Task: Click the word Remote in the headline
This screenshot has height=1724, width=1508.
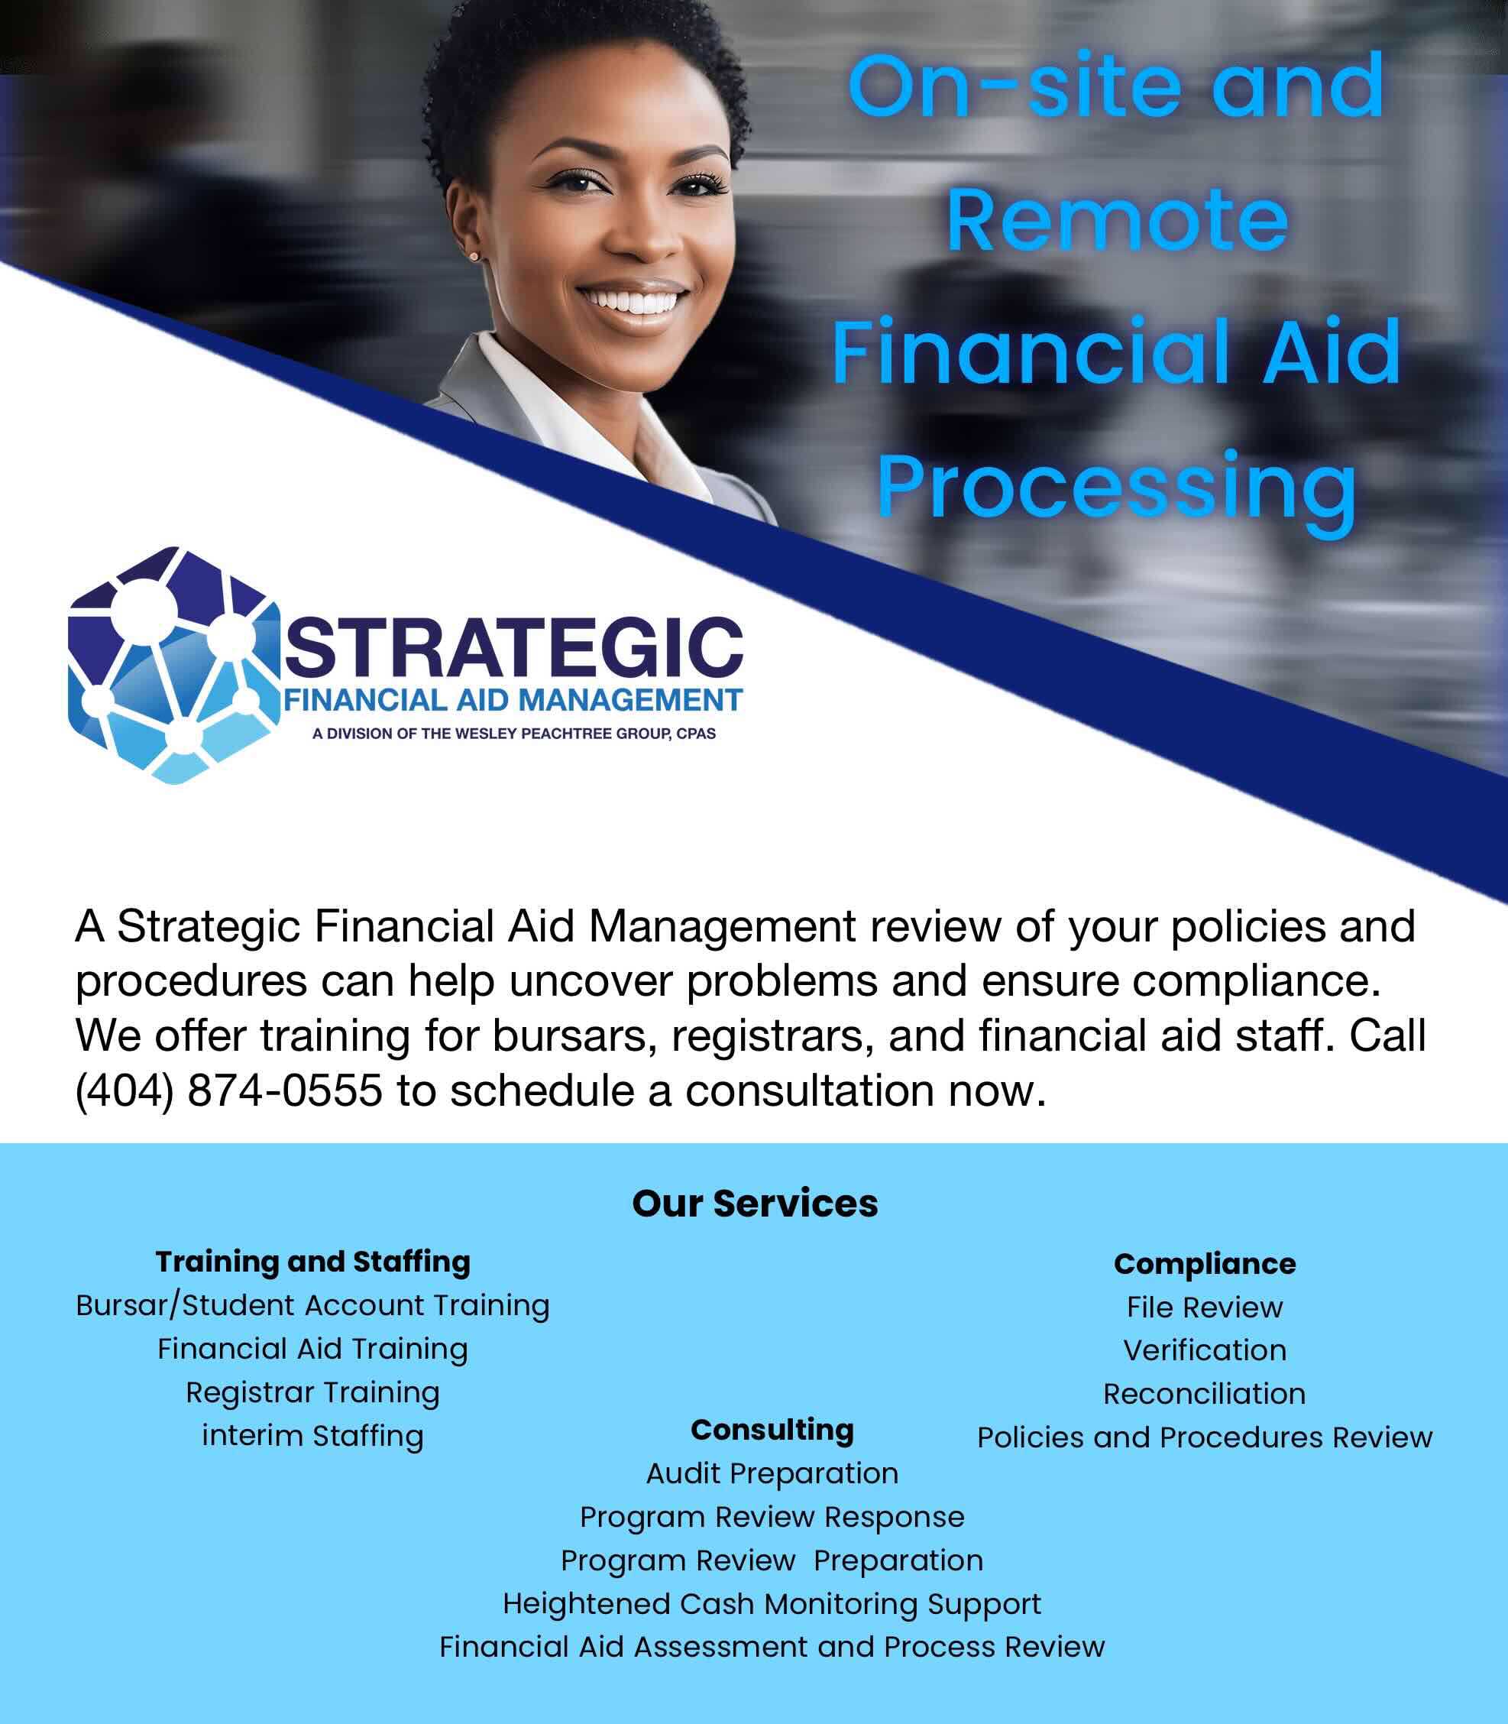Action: point(1117,221)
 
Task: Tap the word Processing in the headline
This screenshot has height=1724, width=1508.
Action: point(1117,488)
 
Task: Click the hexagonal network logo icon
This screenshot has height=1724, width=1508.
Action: point(173,665)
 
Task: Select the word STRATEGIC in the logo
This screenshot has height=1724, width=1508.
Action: point(514,647)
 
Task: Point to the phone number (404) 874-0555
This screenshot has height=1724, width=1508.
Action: point(229,1091)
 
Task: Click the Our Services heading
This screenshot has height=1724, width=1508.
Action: point(755,1203)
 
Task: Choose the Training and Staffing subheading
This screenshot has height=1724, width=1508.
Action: point(312,1262)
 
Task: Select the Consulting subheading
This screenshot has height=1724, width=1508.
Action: point(772,1429)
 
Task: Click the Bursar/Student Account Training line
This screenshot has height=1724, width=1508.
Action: point(312,1306)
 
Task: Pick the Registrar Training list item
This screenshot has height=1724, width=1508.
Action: point(312,1392)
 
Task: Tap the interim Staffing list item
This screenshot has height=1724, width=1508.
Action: point(312,1435)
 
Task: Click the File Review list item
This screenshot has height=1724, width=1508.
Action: point(1204,1308)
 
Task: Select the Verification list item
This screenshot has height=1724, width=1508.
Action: point(1204,1350)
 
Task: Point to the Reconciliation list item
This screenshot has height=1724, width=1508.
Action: point(1204,1394)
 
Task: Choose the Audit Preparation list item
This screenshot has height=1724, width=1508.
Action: point(772,1473)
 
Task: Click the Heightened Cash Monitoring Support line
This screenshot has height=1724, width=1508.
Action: point(772,1603)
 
